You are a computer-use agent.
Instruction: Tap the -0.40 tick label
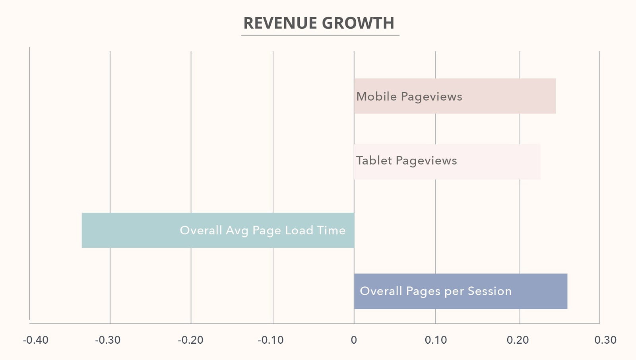pos(36,340)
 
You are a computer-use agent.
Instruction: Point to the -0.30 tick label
pos(108,340)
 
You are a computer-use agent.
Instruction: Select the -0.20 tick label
pos(190,340)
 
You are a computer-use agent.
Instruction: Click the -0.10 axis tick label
pos(271,340)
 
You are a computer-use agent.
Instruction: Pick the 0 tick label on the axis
pos(354,340)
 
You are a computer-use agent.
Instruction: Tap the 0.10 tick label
pos(436,340)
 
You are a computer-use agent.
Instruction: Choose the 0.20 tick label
pos(518,340)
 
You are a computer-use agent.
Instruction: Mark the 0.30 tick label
pos(605,340)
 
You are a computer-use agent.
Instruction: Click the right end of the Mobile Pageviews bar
pos(555,96)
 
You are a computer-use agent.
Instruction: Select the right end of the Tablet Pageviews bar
pos(539,162)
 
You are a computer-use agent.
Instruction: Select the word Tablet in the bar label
pos(374,161)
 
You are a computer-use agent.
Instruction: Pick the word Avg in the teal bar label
pos(237,231)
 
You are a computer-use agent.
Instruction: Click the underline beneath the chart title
pos(320,35)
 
